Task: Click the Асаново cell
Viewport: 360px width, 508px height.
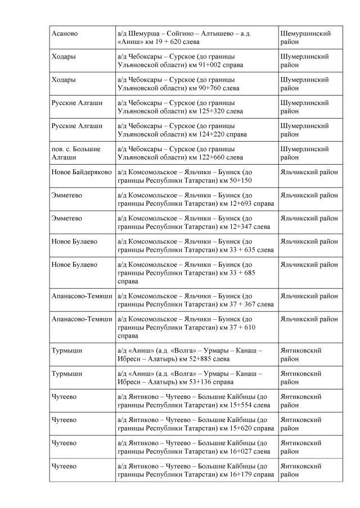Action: click(65, 34)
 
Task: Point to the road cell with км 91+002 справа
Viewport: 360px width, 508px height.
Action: click(196, 61)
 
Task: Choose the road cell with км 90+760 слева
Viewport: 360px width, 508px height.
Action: click(196, 84)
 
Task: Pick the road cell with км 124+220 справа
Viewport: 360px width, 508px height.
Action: click(196, 130)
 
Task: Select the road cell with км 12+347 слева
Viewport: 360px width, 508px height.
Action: click(196, 222)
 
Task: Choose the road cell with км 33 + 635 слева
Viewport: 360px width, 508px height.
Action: click(196, 245)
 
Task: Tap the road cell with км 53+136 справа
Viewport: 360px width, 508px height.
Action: click(196, 377)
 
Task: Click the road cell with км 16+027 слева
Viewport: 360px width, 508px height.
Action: click(196, 447)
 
